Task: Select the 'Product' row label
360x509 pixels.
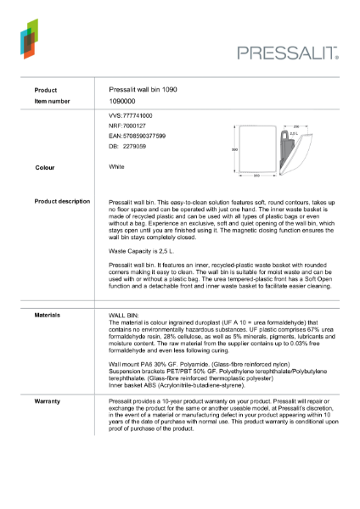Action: [46, 90]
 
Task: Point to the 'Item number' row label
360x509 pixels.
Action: [52, 101]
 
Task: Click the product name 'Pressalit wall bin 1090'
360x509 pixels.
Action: [143, 90]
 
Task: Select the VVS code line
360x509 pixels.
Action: [131, 115]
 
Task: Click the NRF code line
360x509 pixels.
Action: [127, 125]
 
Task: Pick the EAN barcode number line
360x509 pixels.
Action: [138, 136]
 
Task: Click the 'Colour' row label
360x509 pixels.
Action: [45, 168]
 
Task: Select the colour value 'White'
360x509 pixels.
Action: [117, 167]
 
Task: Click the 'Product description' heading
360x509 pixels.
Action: [62, 201]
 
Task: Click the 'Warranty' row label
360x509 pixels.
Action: [47, 399]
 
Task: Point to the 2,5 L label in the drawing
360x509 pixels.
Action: [294, 133]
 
